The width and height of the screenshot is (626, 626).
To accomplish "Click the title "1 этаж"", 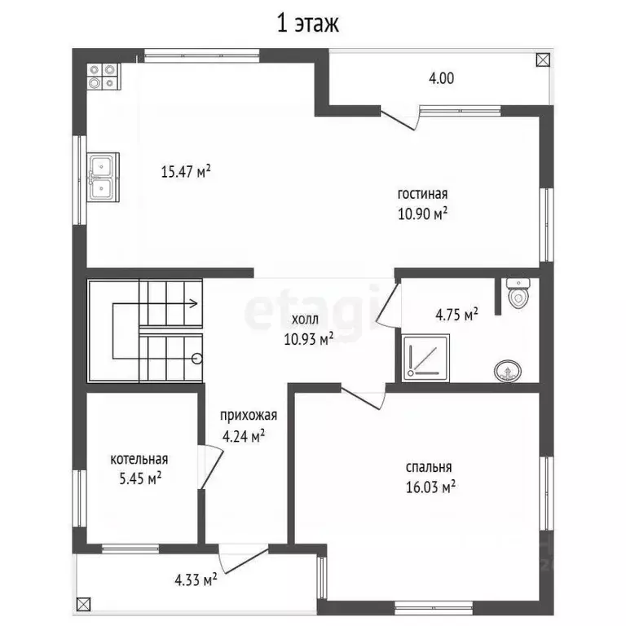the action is pos(307,24).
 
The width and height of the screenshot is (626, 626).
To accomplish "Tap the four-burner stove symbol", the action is pos(103,77).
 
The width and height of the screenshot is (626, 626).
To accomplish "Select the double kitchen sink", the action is pos(103,177).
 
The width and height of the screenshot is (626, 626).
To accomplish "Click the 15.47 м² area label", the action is pos(186,172).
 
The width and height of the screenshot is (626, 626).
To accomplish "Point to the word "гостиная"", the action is pos(422,194).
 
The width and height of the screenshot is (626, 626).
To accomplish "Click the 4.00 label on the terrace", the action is pos(441,78).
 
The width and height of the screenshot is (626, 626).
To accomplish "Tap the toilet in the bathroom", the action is pos(518,293).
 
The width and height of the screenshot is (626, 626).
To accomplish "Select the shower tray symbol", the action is pos(425,357).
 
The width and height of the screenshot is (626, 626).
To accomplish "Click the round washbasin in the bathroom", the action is pos(508,372).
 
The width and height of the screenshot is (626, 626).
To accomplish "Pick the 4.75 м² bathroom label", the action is pos(456,315).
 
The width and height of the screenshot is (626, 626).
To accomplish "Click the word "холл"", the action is pos(305,320).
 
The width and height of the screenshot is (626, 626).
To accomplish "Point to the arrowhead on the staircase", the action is pos(193,303).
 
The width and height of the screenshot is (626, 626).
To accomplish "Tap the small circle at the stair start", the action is pos(196,359).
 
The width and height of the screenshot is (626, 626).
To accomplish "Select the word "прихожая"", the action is pos(249,416).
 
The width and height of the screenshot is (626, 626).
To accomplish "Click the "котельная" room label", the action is pos(139,459).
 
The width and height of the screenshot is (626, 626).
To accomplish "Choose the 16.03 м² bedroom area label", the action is pos(430,487).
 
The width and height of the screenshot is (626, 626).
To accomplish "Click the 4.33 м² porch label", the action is pos(196,580).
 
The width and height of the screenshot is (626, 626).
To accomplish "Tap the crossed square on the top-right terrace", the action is pos(543,60).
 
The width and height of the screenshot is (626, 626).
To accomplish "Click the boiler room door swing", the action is pos(211,466).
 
